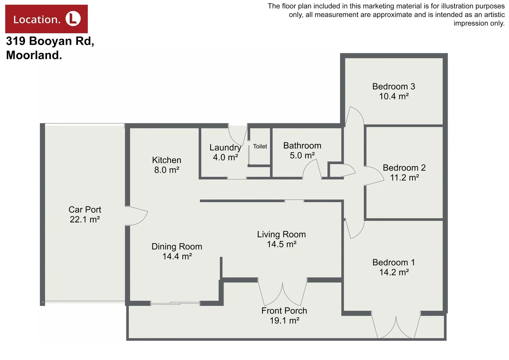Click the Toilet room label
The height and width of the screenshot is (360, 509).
click(x=260, y=146)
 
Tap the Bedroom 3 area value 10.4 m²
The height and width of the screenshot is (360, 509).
click(x=394, y=96)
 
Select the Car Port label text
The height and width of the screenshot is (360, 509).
click(x=85, y=210)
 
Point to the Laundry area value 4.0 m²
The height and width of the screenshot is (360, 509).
click(x=226, y=157)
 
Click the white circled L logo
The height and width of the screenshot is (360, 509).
click(x=73, y=19)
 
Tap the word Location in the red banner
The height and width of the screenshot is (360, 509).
click(x=37, y=20)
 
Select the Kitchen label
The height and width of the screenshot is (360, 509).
click(x=167, y=160)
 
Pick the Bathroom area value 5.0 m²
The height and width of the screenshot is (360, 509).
click(x=302, y=155)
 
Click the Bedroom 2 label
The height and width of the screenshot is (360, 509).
click(x=404, y=168)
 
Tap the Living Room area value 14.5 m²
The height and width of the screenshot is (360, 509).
click(x=281, y=244)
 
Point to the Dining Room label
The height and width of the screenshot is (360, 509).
click(x=177, y=247)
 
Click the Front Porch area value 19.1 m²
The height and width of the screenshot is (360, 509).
click(x=284, y=321)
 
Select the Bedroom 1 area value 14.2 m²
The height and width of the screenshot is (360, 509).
click(x=394, y=272)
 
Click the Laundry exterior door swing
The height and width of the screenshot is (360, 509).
click(x=237, y=135)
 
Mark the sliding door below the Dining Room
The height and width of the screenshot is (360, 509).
click(x=175, y=303)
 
